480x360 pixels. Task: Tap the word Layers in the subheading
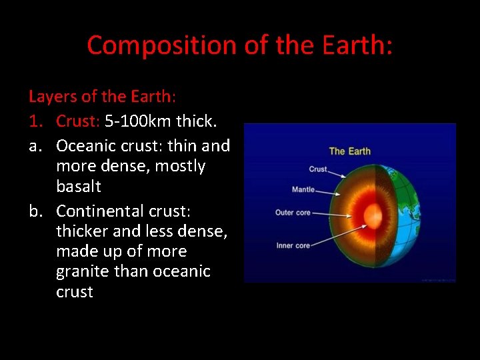click(53, 97)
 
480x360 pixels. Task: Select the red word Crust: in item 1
click(78, 121)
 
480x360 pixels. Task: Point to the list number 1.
click(34, 121)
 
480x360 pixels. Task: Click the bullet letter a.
click(35, 145)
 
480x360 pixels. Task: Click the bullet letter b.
click(35, 211)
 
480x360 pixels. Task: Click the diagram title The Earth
click(349, 151)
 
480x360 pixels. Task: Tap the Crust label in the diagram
click(318, 169)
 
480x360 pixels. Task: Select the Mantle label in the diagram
click(303, 190)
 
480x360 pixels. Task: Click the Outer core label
click(293, 213)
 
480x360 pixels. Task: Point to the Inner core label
click(293, 245)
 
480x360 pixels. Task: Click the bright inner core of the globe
click(371, 215)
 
